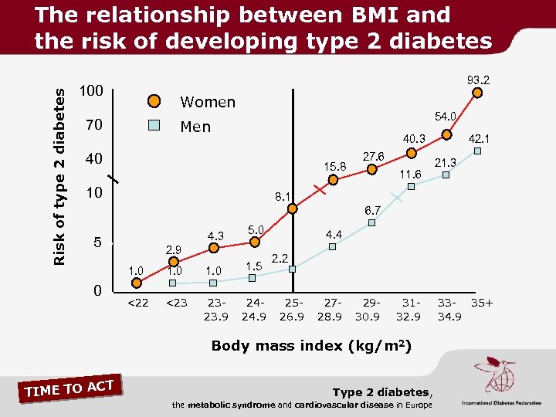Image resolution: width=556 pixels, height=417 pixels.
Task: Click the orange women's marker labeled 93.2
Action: click(x=477, y=93)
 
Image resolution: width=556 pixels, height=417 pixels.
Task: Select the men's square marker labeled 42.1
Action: click(x=478, y=151)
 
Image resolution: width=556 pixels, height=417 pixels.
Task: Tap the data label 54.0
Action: click(x=446, y=116)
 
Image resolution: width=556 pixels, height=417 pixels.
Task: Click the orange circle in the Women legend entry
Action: click(x=154, y=102)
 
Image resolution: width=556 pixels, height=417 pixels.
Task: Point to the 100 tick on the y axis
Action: click(x=92, y=92)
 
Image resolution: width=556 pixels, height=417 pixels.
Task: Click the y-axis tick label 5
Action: click(x=97, y=242)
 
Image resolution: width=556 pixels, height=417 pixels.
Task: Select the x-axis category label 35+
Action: click(x=483, y=302)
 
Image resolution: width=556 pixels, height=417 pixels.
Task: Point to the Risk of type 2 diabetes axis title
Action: click(x=60, y=174)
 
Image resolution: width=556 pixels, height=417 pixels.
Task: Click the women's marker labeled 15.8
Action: click(x=333, y=180)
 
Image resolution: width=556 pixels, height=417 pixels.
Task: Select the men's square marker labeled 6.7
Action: click(x=371, y=222)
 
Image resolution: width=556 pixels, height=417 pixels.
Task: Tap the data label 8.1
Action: click(x=282, y=198)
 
